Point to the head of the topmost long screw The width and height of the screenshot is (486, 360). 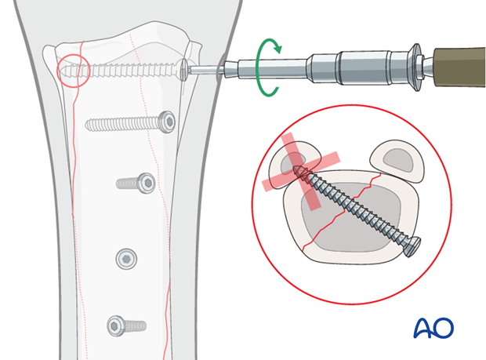click(x=184, y=69)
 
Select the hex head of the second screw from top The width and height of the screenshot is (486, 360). click(x=167, y=122)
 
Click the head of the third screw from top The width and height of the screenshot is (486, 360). click(x=145, y=184)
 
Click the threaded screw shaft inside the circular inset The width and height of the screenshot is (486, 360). click(x=357, y=208)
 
